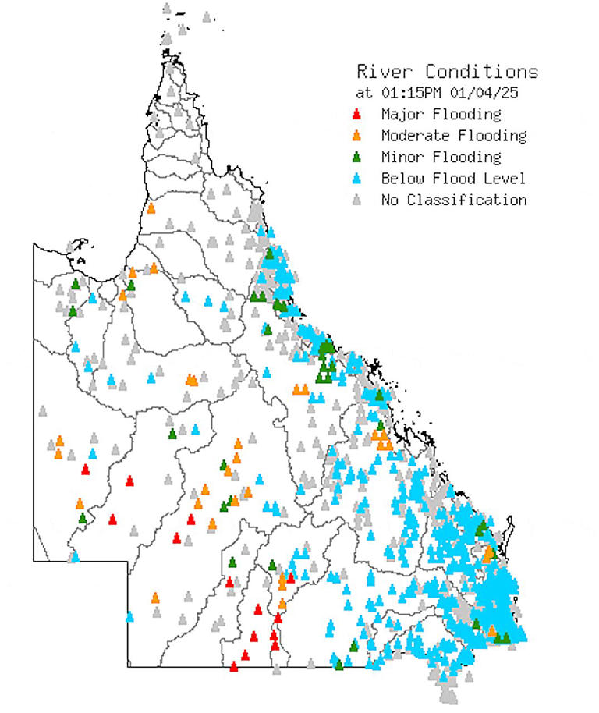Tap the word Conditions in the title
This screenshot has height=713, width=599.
[x=476, y=72]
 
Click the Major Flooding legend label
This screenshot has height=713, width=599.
[x=441, y=115]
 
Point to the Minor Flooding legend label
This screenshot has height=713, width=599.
[x=441, y=157]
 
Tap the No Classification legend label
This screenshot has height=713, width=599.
[x=454, y=200]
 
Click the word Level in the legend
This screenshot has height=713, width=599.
[x=505, y=179]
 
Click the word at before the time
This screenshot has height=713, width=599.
[x=364, y=92]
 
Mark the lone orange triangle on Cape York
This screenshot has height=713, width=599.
[x=151, y=208]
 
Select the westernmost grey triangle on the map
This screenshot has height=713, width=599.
[x=42, y=410]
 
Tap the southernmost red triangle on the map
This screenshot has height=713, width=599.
[x=234, y=666]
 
